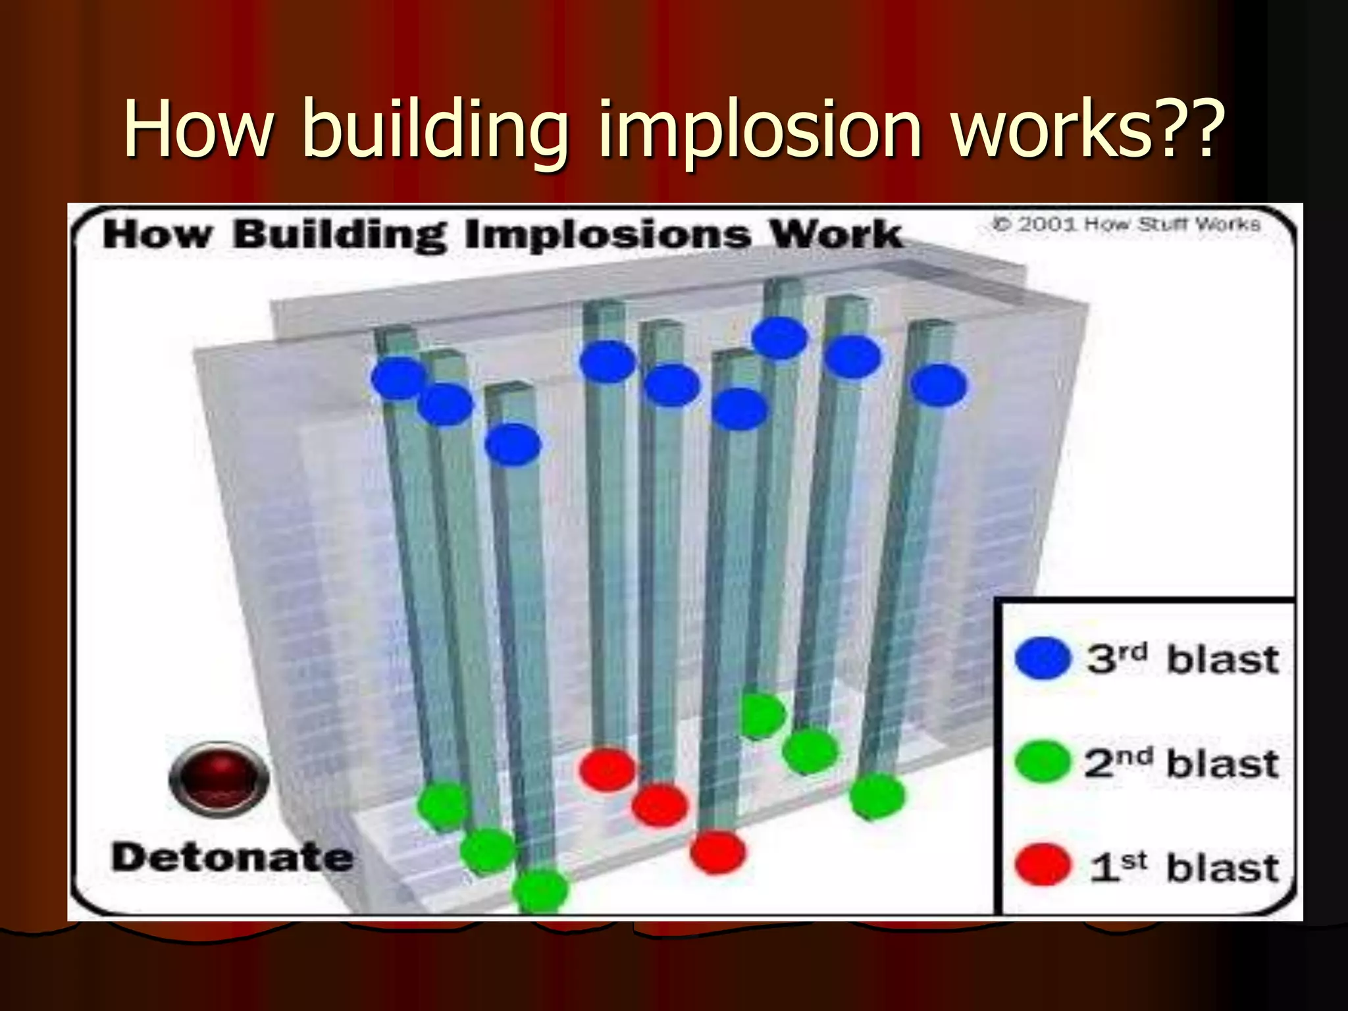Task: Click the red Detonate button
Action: click(219, 779)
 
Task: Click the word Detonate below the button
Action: click(232, 858)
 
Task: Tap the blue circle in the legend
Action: click(1043, 658)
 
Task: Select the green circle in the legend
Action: click(1043, 762)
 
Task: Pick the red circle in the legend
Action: click(1043, 864)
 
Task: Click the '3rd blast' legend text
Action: click(1182, 659)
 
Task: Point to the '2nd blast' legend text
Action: click(1182, 763)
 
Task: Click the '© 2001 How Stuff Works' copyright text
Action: click(1126, 224)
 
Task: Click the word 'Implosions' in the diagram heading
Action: click(607, 235)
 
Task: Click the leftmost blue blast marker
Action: click(399, 378)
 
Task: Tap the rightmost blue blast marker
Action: click(939, 385)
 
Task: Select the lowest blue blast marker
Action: click(513, 444)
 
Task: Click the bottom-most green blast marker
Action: click(540, 891)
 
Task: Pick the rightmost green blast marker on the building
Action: click(877, 796)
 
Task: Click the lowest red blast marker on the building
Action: click(717, 852)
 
